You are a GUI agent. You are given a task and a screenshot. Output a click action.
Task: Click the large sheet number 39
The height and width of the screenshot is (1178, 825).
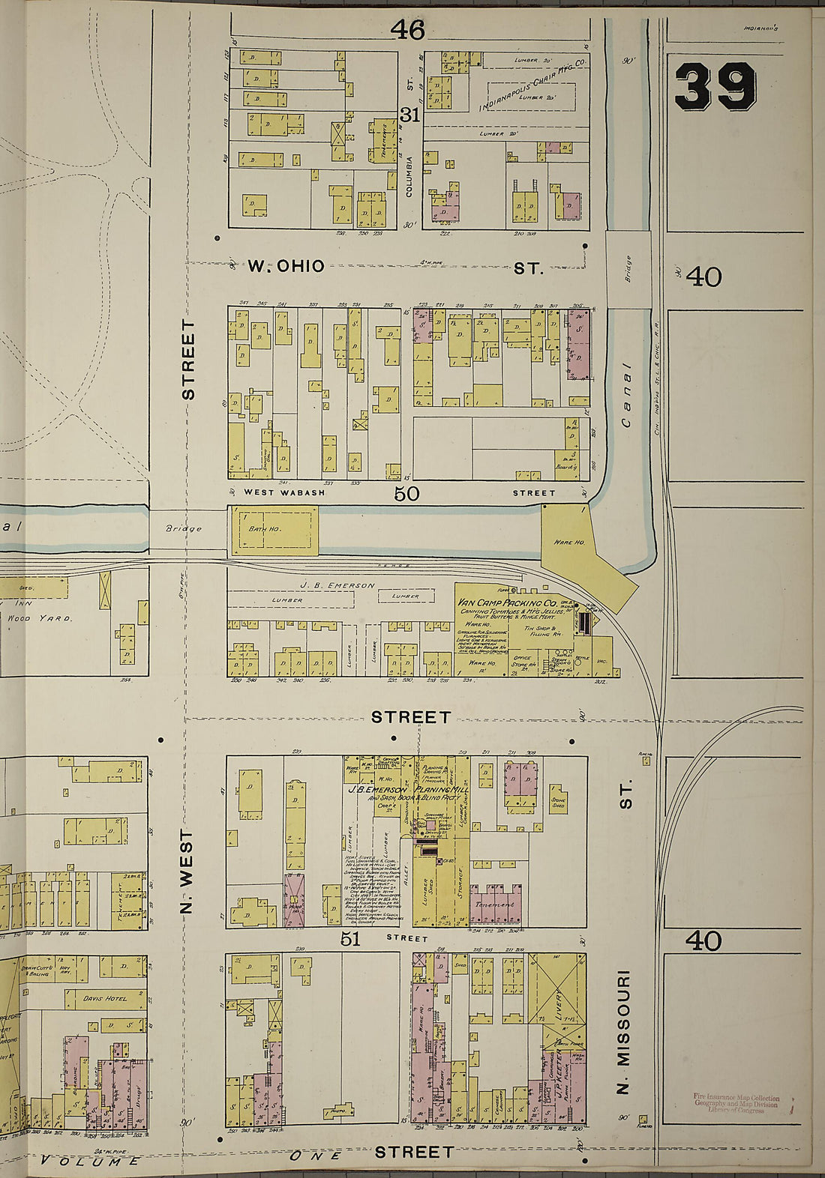click(x=715, y=87)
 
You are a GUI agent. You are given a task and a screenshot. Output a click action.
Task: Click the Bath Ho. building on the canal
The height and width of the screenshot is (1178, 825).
click(x=273, y=530)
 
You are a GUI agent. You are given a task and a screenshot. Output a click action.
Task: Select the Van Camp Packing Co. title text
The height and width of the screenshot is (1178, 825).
click(x=506, y=603)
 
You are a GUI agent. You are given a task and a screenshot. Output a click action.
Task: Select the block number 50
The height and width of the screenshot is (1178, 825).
click(x=406, y=493)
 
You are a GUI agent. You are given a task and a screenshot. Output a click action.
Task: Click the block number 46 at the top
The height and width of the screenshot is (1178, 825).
click(x=408, y=30)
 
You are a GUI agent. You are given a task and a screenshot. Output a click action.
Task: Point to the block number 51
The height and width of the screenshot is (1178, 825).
click(x=351, y=939)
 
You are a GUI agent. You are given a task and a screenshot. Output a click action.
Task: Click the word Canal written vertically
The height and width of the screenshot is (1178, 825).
click(x=626, y=396)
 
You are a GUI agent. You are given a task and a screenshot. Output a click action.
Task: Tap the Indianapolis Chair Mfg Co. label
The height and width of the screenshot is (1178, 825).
click(x=532, y=82)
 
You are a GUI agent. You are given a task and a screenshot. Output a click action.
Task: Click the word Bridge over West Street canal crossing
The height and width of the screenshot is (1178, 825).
click(x=184, y=528)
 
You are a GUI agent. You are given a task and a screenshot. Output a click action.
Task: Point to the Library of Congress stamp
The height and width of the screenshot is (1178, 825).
click(x=736, y=1104)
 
